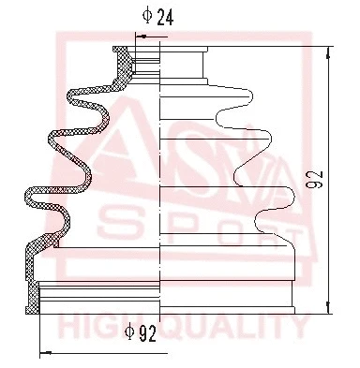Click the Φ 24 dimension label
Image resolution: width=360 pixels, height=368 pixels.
[154, 16]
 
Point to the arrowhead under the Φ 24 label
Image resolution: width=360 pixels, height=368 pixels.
[141, 36]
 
